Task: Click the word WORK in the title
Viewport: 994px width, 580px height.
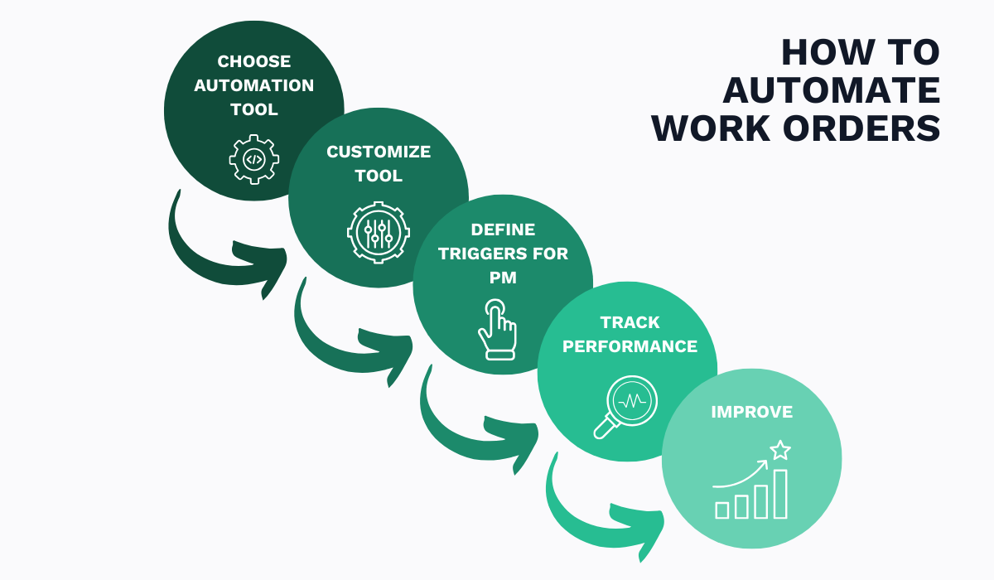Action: click(x=705, y=129)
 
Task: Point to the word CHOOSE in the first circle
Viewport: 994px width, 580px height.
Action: click(x=254, y=61)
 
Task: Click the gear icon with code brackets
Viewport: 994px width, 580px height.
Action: click(x=254, y=159)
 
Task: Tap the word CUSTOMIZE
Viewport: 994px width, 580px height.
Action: click(x=379, y=152)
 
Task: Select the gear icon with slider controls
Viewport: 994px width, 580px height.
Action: click(x=378, y=231)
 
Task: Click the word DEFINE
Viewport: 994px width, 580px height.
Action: click(x=503, y=230)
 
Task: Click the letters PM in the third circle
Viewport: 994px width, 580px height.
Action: click(x=503, y=278)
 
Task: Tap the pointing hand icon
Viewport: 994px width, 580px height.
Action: click(x=496, y=330)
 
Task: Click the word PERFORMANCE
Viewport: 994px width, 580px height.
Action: click(x=630, y=346)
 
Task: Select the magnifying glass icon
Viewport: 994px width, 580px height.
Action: click(x=625, y=406)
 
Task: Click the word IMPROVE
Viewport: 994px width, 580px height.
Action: click(x=751, y=412)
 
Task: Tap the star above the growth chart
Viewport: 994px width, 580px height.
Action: click(x=779, y=451)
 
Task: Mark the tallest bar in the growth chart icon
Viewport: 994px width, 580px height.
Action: click(x=779, y=494)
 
